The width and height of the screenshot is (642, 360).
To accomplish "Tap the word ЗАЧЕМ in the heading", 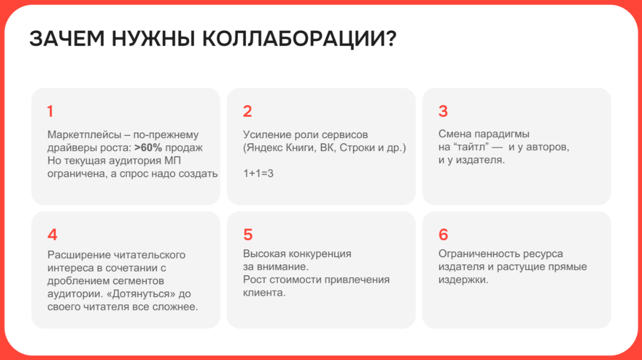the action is pos(67,39).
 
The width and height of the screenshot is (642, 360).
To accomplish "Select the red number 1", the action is pos(50,111).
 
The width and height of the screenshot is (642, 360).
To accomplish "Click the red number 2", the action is pos(247,111).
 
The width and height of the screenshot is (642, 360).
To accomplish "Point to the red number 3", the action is pos(443,111).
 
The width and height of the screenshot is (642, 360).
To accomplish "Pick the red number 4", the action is pos(52,234).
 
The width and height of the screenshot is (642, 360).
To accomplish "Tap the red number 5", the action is pos(248,234).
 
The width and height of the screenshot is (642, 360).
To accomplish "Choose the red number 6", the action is pos(444,234).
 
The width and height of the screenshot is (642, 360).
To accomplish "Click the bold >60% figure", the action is pos(148,148).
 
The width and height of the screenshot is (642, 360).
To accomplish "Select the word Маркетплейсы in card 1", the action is pos(85,135).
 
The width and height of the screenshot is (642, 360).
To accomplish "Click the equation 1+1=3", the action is pos(258,173).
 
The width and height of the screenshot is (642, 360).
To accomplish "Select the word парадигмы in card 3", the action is pos(502,134).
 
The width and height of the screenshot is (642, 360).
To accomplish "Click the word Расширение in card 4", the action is pos(79,255).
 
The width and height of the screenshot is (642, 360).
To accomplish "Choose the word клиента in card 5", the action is pos(264,293).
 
